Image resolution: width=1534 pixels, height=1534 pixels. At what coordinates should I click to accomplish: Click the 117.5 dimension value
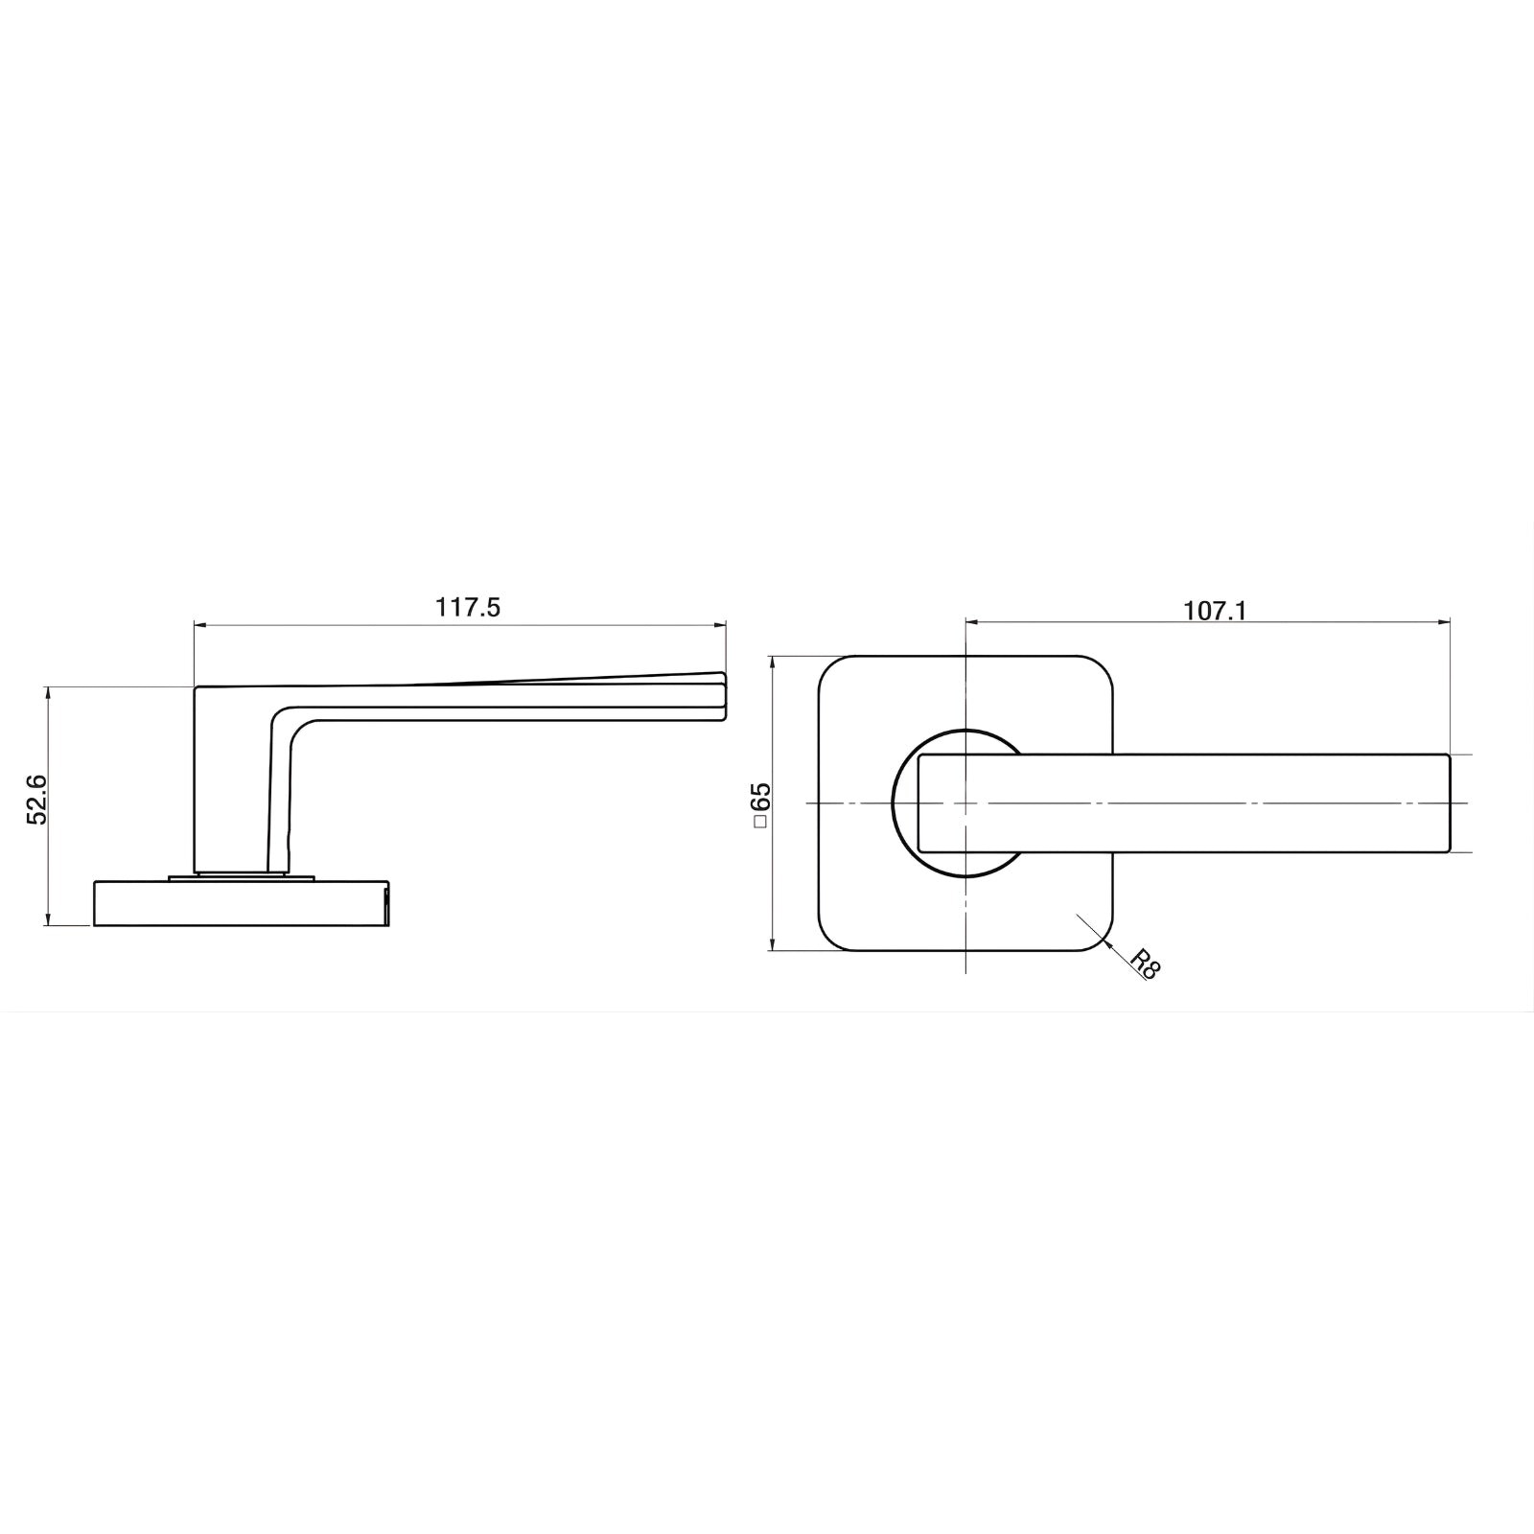click(x=468, y=608)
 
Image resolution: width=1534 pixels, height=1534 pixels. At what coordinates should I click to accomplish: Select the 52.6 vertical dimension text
click(x=36, y=802)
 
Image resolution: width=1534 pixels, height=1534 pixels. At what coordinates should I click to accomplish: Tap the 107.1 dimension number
click(x=1215, y=611)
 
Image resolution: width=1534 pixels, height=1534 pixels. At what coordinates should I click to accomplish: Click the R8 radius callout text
click(x=1145, y=963)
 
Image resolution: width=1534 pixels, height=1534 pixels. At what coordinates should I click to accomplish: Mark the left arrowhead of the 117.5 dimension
click(x=199, y=625)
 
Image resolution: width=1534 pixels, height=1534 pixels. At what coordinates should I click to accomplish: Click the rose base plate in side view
click(x=240, y=904)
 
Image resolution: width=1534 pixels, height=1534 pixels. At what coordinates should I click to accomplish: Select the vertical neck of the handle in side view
click(x=230, y=786)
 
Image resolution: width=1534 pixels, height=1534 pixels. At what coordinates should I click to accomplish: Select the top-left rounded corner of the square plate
click(x=830, y=668)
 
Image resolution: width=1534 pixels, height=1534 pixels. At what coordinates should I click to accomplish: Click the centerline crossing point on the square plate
click(x=965, y=802)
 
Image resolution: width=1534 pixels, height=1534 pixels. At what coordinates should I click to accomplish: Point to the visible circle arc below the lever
click(x=959, y=871)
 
